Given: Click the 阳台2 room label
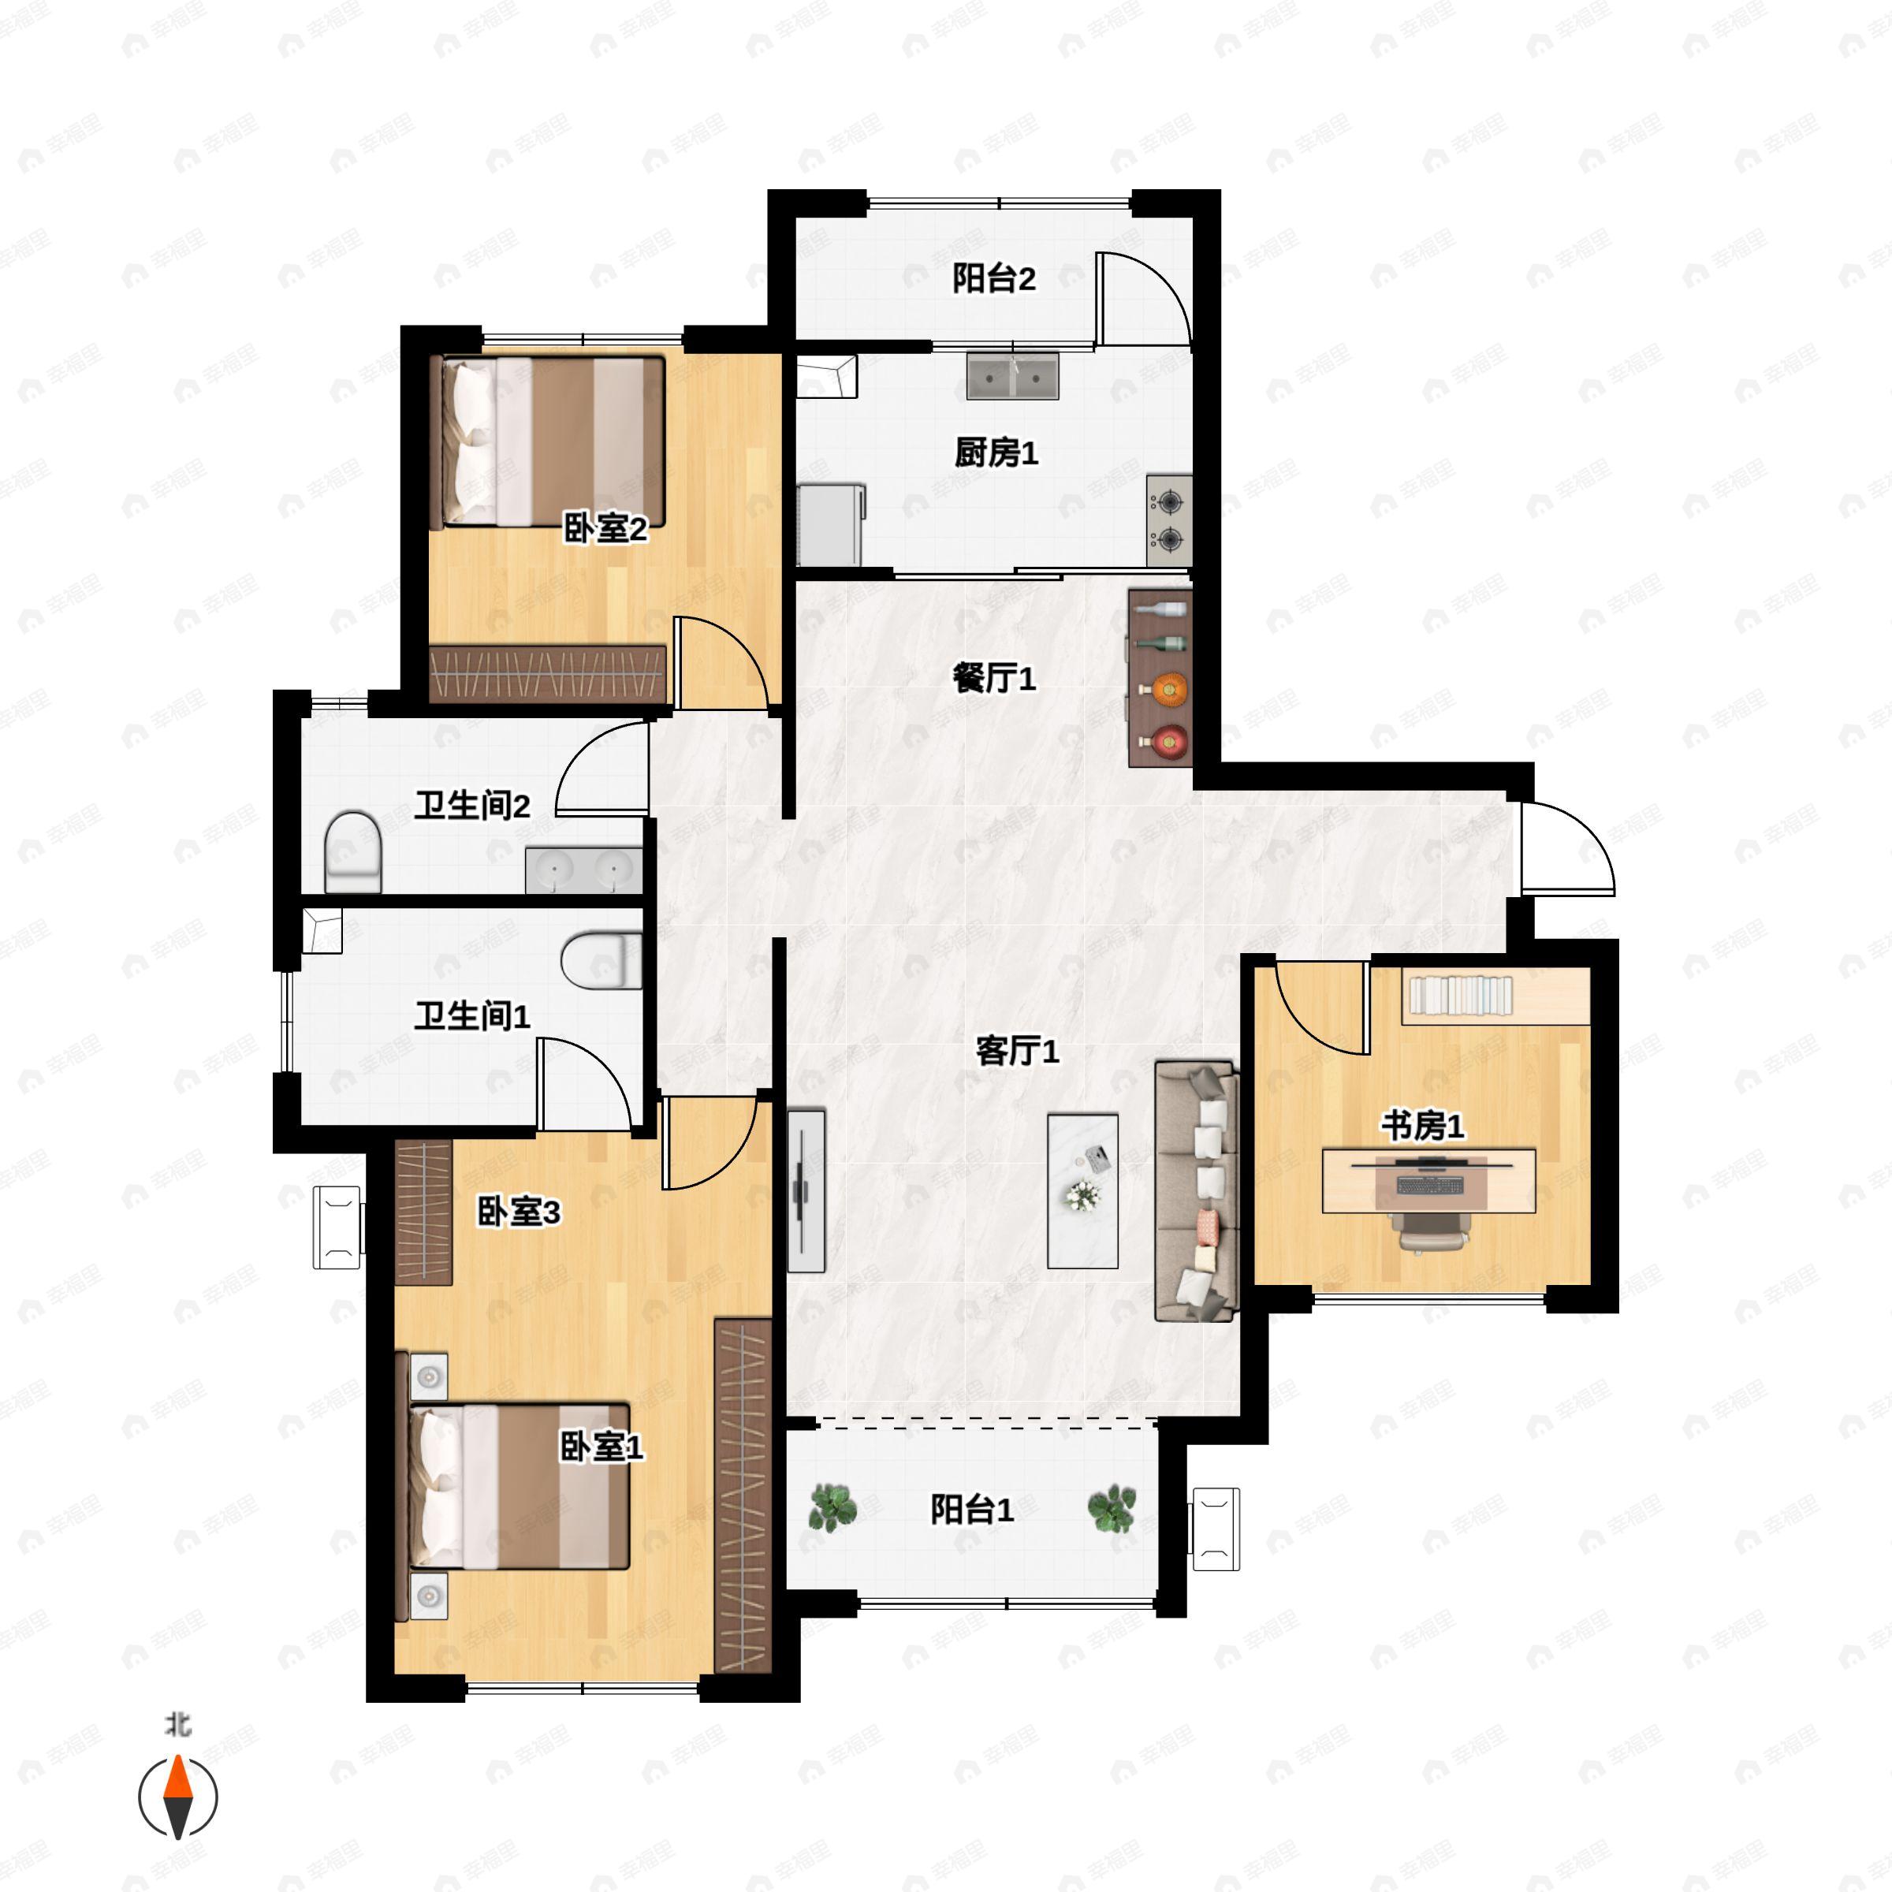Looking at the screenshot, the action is (994, 280).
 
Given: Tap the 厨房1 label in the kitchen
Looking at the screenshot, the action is (996, 453).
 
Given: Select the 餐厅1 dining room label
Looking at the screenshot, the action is (994, 678).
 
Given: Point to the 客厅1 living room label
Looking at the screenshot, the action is (1018, 1052).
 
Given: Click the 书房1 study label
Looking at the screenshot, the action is (1423, 1127).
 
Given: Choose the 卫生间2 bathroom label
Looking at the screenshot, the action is (472, 806).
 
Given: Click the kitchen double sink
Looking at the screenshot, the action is (1012, 376).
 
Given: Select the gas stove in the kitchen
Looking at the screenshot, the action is (1169, 522).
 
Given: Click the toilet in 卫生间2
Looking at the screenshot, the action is (352, 852).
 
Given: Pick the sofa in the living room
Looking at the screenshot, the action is (1197, 1191).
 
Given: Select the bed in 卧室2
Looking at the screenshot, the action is (549, 441).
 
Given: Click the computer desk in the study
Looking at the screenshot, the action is (1428, 1180).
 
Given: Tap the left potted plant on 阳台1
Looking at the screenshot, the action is (833, 1507).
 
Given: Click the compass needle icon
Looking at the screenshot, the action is (177, 1797).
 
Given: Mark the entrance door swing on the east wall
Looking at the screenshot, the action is (1565, 848).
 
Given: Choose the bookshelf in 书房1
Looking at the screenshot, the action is (1496, 997).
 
